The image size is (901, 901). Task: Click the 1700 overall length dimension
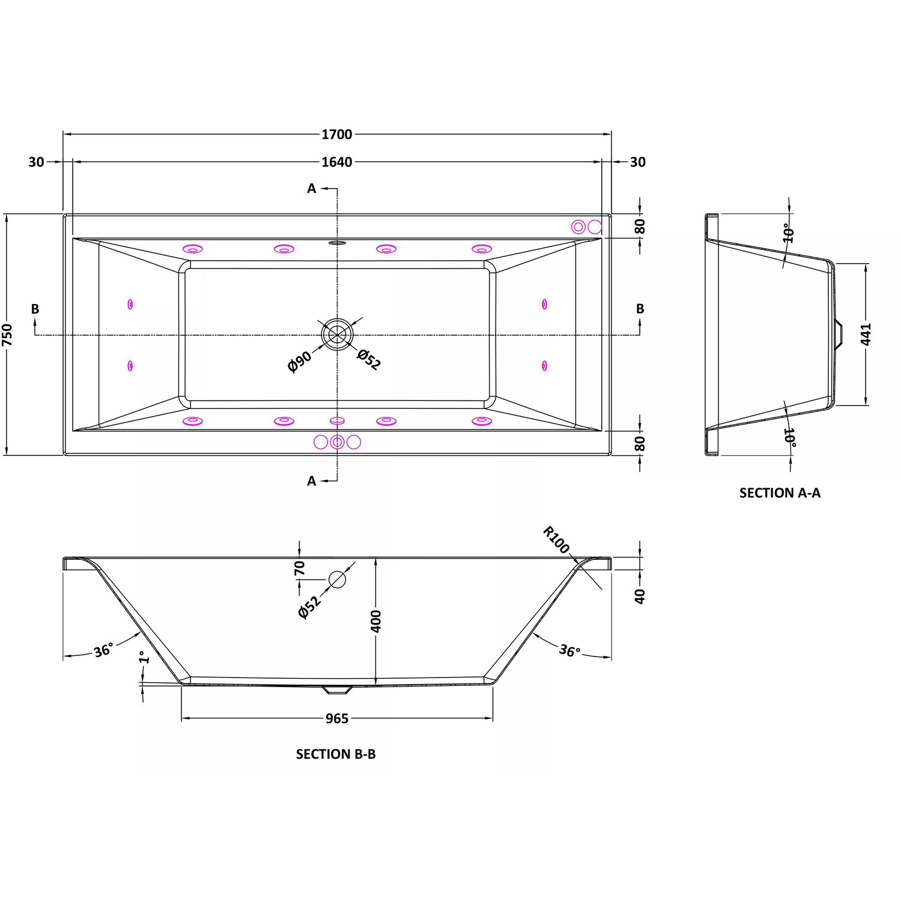336,134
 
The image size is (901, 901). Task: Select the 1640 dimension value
336,162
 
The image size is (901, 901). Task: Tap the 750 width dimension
7,335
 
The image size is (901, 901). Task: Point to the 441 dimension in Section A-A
866,334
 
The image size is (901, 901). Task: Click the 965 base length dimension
336,718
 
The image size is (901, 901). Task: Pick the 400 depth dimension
376,620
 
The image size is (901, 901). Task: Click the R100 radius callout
556,539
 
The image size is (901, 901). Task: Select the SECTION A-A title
780,493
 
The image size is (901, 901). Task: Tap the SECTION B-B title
336,754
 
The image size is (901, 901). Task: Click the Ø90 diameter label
300,362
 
